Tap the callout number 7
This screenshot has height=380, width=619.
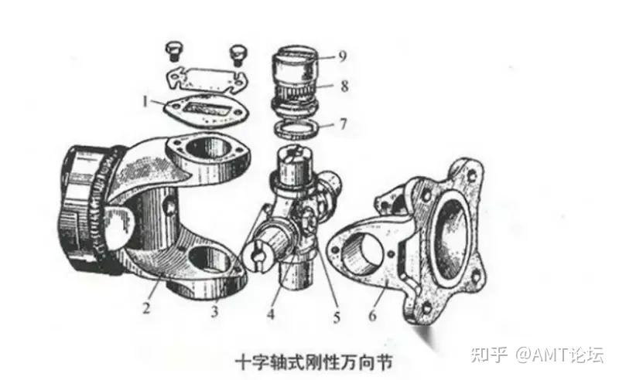coord(342,124)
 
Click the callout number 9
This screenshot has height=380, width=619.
coord(342,56)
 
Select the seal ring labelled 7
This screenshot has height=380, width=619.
coord(299,127)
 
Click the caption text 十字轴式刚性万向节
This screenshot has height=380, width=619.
coord(310,361)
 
